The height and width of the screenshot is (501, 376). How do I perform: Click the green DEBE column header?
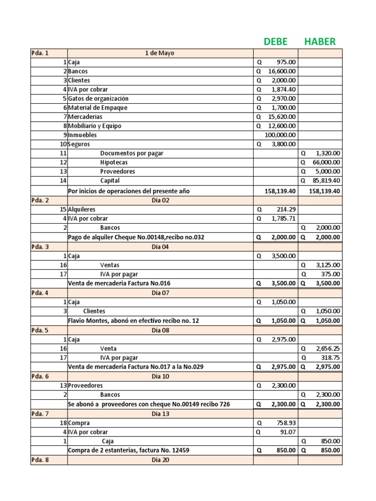click(276, 42)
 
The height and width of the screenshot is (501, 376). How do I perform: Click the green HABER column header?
click(320, 42)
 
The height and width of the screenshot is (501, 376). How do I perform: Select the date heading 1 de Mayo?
click(160, 53)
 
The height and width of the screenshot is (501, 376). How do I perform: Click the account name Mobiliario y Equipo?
click(94, 126)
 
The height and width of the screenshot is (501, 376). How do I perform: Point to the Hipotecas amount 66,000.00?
click(325, 162)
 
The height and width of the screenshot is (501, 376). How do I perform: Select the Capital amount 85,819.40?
click(325, 181)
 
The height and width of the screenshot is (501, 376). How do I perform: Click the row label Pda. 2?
click(40, 200)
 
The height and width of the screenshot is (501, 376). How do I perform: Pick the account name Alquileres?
click(82, 209)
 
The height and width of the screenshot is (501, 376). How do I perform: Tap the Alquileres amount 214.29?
click(284, 209)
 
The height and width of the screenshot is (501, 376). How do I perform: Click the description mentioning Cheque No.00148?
click(136, 237)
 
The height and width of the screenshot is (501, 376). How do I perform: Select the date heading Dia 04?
click(160, 247)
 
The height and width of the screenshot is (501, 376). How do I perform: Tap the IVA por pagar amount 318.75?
click(330, 358)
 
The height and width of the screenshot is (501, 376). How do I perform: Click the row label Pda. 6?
click(40, 376)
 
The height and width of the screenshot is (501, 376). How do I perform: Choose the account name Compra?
click(79, 423)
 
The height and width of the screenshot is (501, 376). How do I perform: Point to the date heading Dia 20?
click(160, 460)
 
